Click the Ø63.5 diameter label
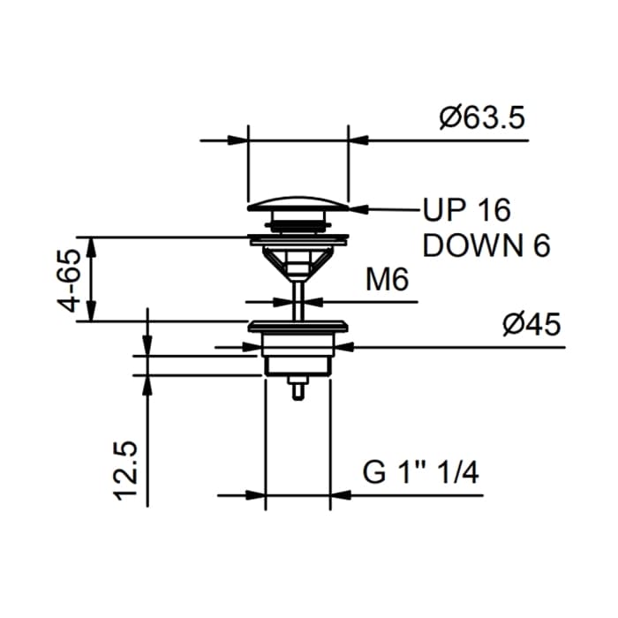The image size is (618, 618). [x=482, y=117]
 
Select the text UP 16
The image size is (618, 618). [x=467, y=209]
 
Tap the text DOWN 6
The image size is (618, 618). [x=486, y=245]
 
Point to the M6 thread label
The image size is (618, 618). [x=387, y=280]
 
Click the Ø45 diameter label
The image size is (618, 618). [x=531, y=324]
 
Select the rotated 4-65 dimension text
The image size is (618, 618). [x=68, y=280]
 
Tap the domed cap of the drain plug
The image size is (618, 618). [x=298, y=203]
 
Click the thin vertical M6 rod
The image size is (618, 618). [x=298, y=300]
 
